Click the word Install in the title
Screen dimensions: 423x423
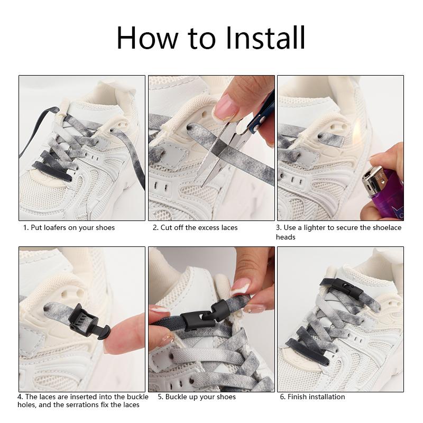pos(265,38)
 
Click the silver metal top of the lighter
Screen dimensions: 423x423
pos(373,179)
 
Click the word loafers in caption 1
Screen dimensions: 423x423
pos(55,227)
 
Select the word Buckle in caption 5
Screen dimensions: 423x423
pos(176,397)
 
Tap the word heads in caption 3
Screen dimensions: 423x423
pos(286,237)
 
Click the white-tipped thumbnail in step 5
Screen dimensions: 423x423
pos(240,287)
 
